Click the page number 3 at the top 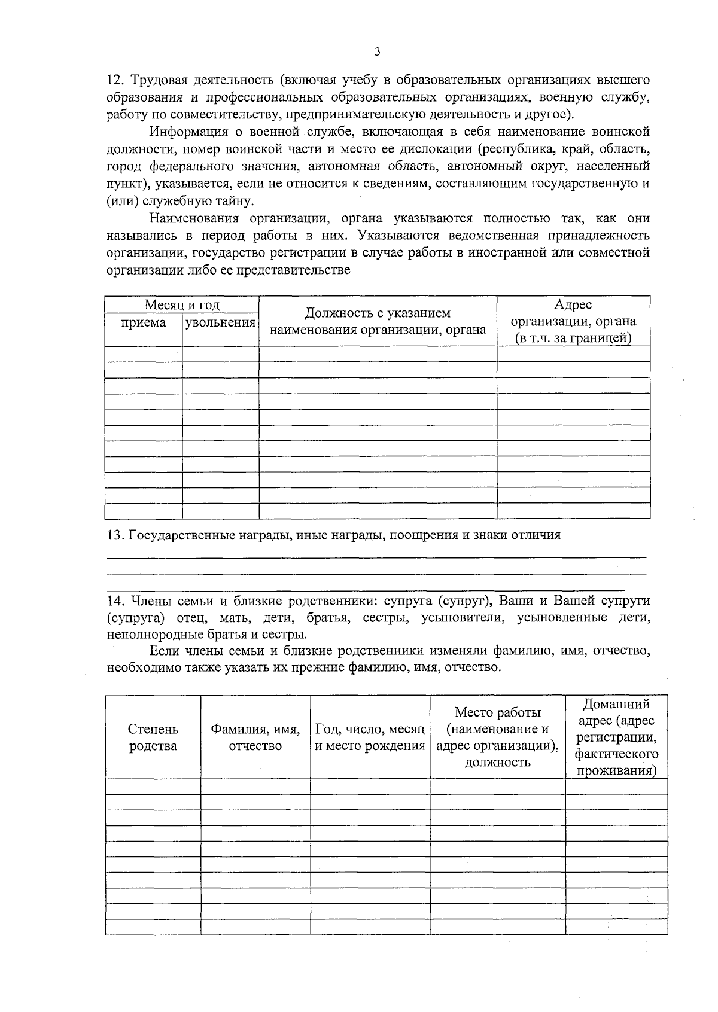tap(377, 52)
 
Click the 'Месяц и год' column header tap(182, 305)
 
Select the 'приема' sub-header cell tap(144, 323)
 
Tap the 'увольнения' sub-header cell tap(220, 323)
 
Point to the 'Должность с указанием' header tap(378, 313)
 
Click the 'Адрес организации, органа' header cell tap(573, 322)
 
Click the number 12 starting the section tap(114, 80)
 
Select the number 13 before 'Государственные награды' tap(114, 535)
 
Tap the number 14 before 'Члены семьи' tap(114, 601)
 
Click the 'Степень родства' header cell tap(153, 737)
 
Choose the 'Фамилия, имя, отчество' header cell tap(255, 737)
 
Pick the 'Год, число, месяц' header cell tap(370, 737)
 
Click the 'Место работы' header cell tap(497, 737)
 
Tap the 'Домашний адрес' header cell tap(616, 737)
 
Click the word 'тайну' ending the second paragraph tap(236, 202)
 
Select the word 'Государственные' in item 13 tap(179, 535)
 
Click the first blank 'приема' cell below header tap(144, 354)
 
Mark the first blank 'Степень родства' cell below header tap(153, 787)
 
